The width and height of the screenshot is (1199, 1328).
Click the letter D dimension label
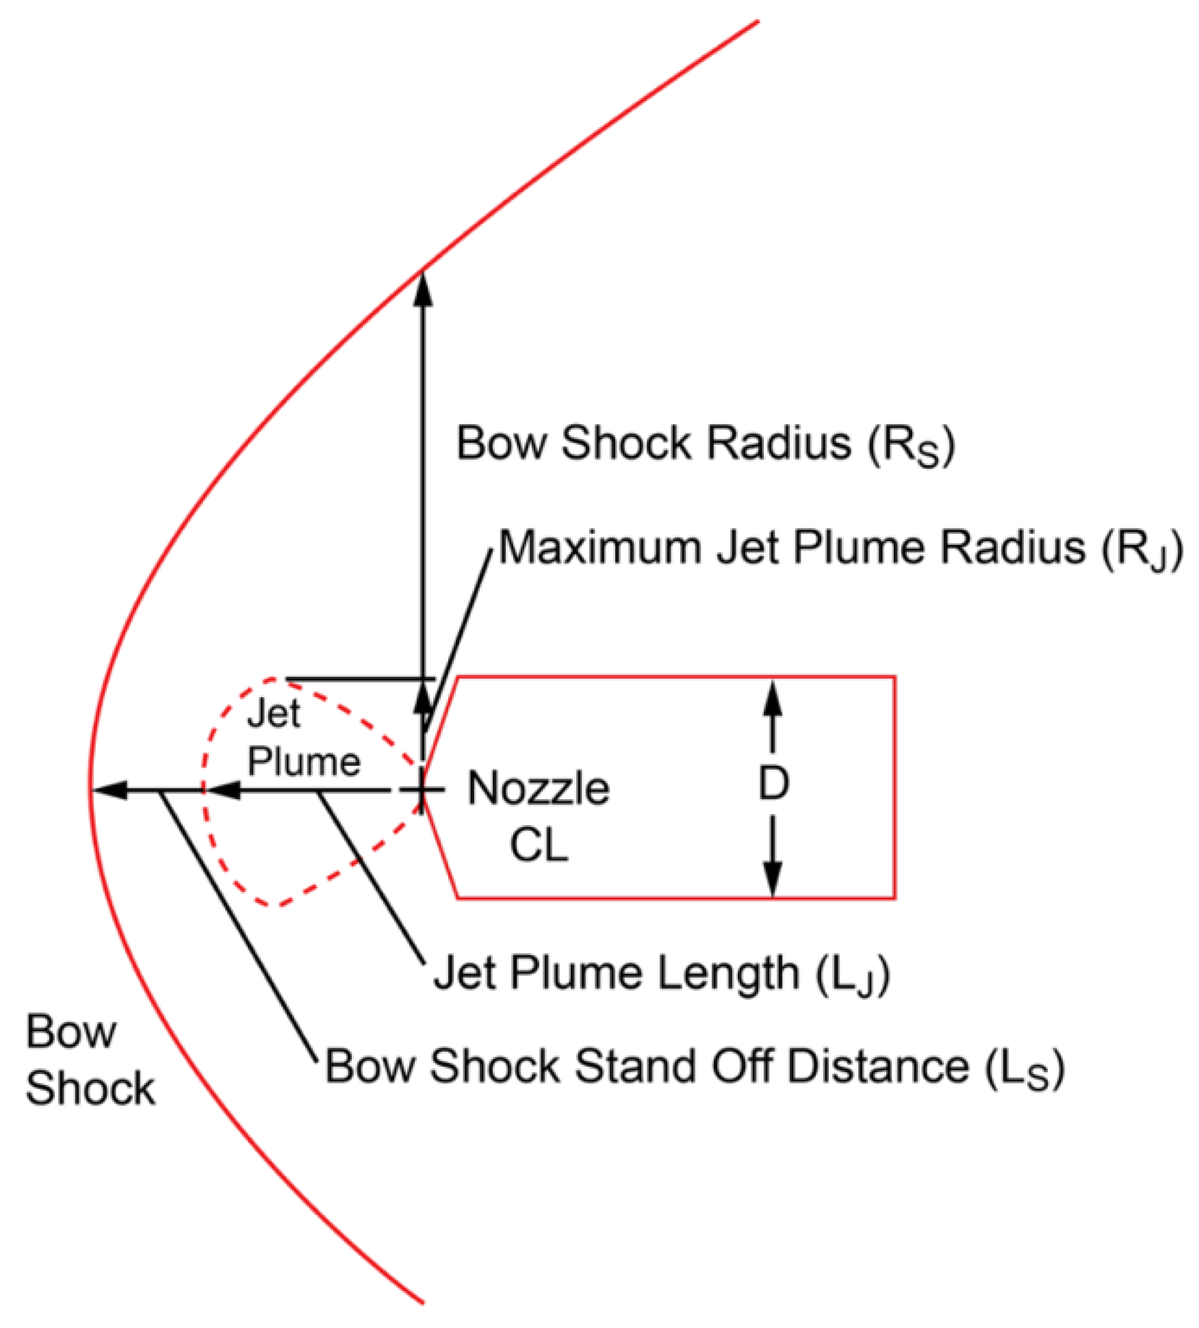coord(773,783)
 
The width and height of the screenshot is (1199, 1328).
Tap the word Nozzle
coord(539,789)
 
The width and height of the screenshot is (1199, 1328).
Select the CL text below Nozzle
coord(539,846)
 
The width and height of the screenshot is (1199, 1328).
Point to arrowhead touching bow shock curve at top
coord(424,287)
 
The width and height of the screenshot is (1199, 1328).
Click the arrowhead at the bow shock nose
coord(109,790)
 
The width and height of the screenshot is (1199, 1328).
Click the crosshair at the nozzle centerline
coord(422,790)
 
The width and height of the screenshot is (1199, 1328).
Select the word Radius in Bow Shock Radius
coord(779,443)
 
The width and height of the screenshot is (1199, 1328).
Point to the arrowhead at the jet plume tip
coord(222,790)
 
